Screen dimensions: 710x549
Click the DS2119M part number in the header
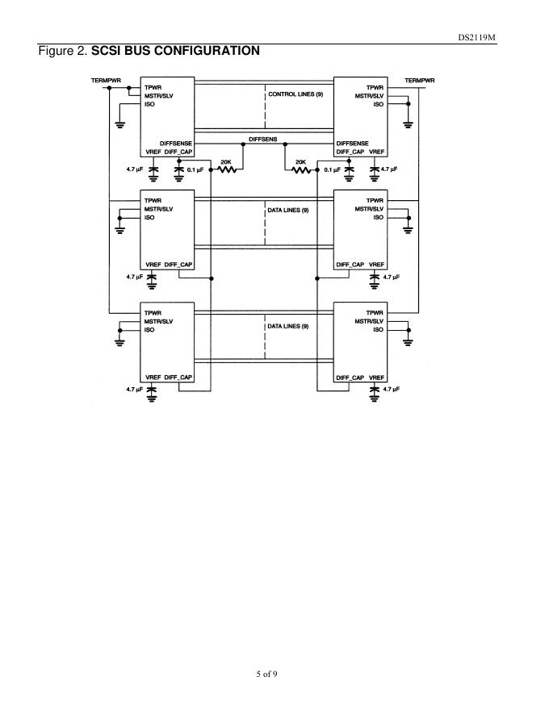click(513, 37)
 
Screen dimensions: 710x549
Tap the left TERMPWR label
click(106, 80)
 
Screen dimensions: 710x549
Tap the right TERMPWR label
click(419, 80)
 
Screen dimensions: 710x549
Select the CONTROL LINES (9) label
click(295, 95)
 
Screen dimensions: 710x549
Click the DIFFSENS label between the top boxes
click(263, 139)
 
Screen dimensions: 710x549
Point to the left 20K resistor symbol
click(226, 170)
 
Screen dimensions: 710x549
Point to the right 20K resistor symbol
click(300, 170)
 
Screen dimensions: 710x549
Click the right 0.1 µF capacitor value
click(331, 170)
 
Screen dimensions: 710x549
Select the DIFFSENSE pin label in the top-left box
click(176, 143)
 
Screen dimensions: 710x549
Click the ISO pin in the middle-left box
click(149, 217)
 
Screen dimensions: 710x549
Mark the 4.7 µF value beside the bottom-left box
click(134, 389)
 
